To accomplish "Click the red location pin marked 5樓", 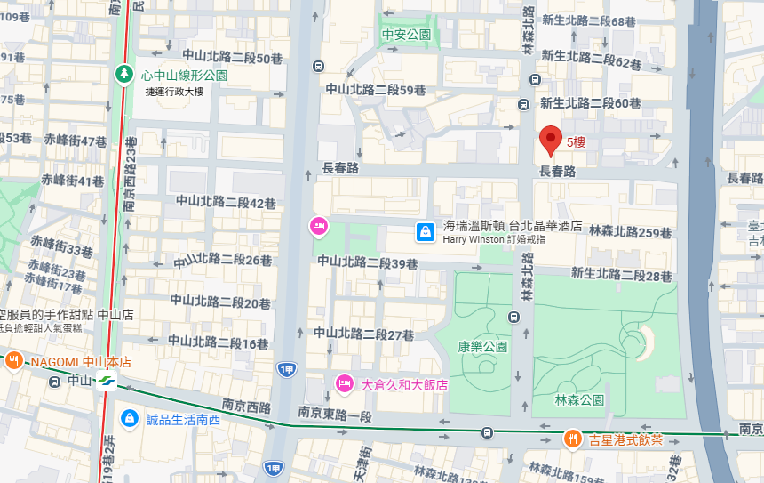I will pyautogui.click(x=551, y=140).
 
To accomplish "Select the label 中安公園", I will pyautogui.click(x=406, y=36).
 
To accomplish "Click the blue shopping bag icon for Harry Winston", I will pyautogui.click(x=426, y=232).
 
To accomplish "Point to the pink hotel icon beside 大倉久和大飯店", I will pyautogui.click(x=344, y=384).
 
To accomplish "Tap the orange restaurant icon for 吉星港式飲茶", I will pyautogui.click(x=572, y=439).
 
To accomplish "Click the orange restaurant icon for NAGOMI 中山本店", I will pyautogui.click(x=14, y=361).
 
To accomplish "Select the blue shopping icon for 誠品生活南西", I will pyautogui.click(x=129, y=416).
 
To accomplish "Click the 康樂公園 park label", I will pyautogui.click(x=482, y=346).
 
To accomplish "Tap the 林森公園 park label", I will pyautogui.click(x=579, y=400).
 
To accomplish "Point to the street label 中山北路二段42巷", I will pyautogui.click(x=226, y=204).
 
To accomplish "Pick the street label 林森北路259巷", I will pyautogui.click(x=629, y=232).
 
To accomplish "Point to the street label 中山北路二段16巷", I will pyautogui.click(x=219, y=342).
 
